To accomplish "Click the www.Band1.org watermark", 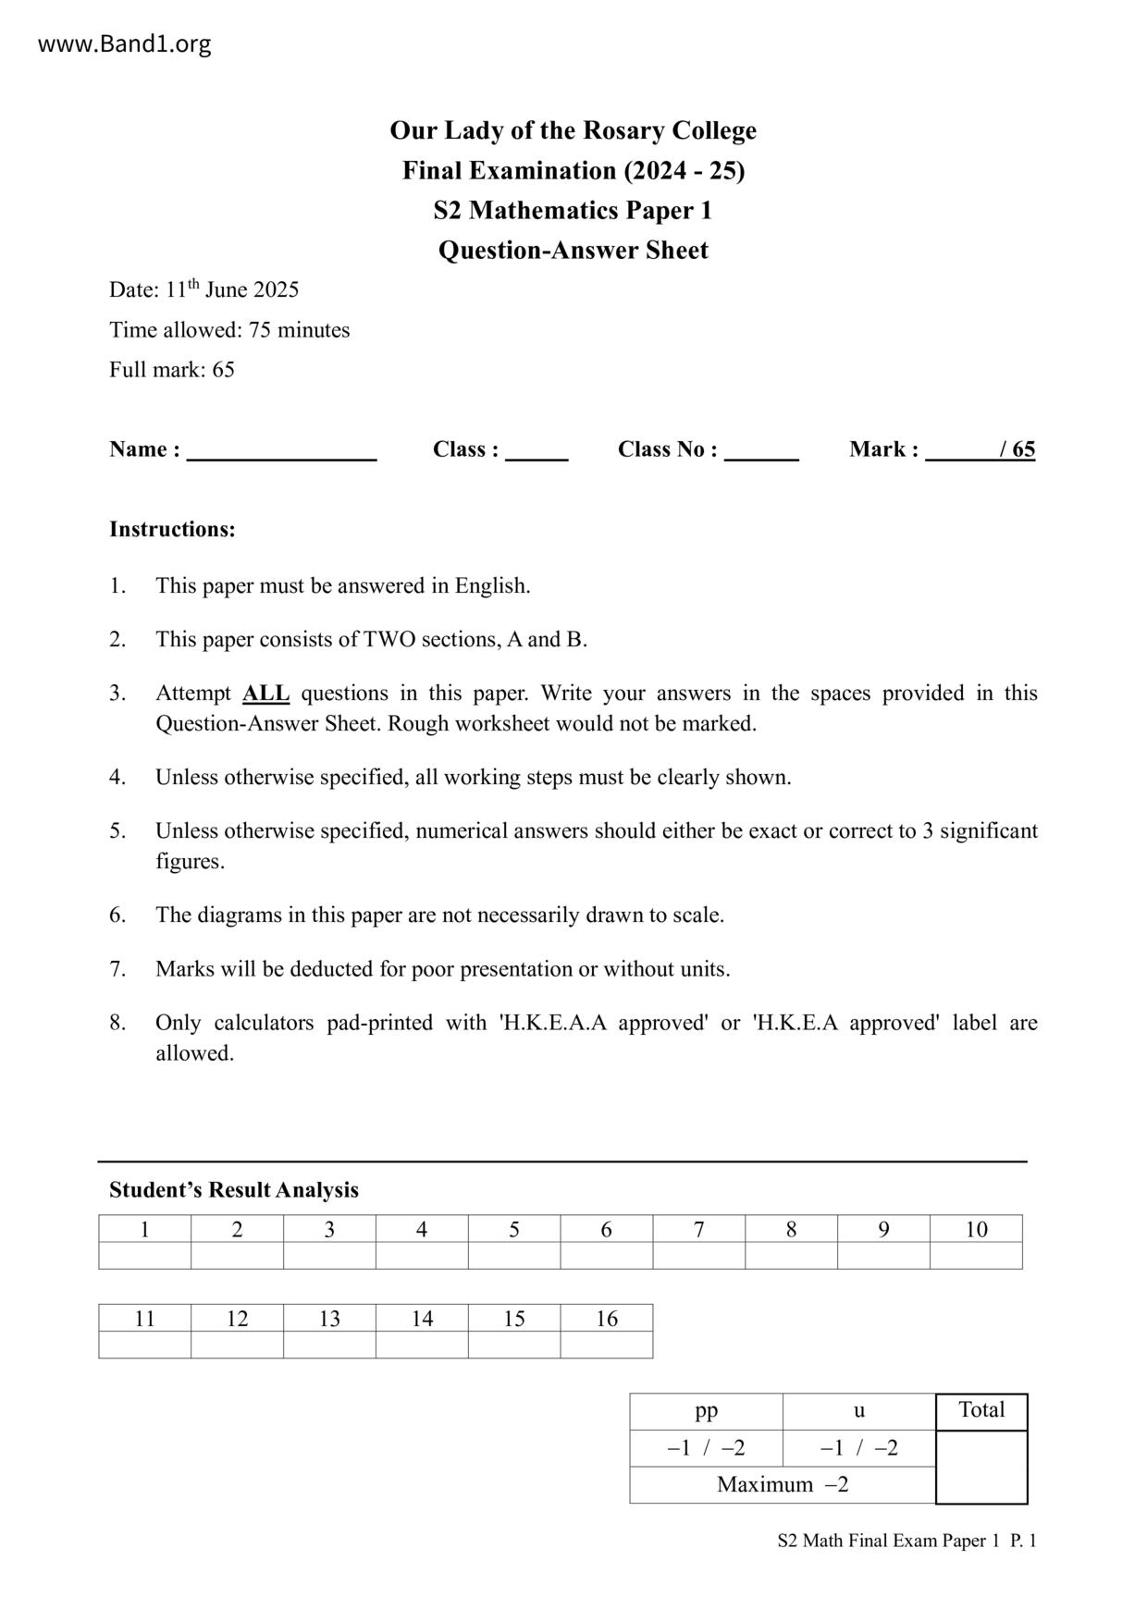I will click(124, 43).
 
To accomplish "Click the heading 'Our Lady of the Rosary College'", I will click(573, 130).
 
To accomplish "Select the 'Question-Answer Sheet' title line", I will click(573, 251).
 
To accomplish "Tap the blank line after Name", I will click(281, 451).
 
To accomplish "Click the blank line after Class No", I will click(761, 451).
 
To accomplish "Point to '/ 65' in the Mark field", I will click(1017, 449).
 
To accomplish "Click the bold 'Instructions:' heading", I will click(172, 530).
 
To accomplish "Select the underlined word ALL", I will click(265, 694).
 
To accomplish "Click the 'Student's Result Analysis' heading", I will click(234, 1190).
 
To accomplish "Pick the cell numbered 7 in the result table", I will click(698, 1229).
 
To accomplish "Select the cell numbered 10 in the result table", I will click(976, 1229).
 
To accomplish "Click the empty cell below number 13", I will click(329, 1345).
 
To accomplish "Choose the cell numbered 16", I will click(606, 1319).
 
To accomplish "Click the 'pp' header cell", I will click(706, 1411).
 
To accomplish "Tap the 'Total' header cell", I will click(981, 1411).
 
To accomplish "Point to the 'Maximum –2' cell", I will click(783, 1485).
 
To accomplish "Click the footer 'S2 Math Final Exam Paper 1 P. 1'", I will click(906, 1541).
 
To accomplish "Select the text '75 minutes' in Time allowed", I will click(299, 330).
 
